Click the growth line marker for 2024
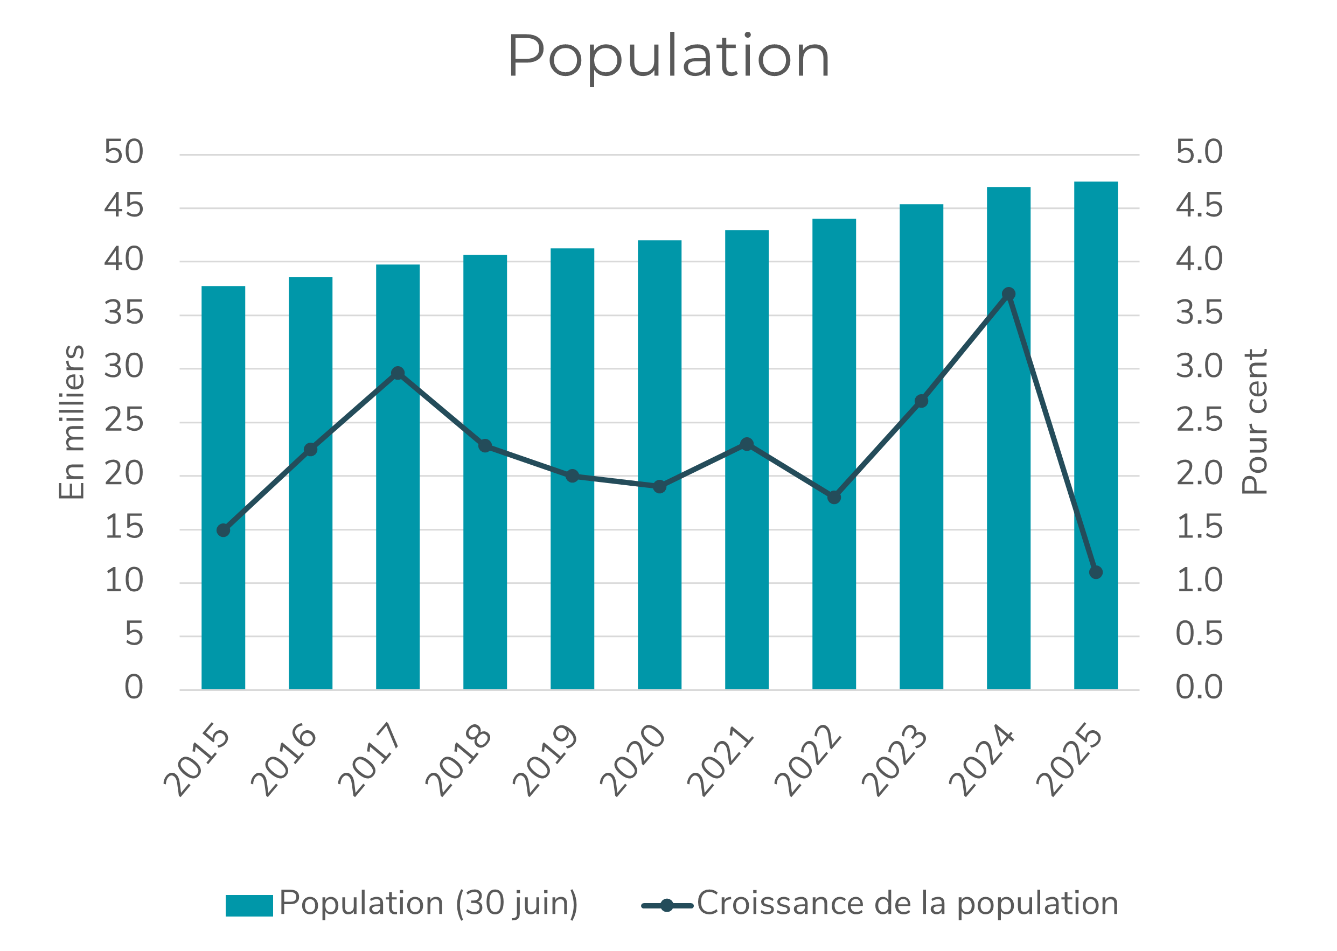[x=1008, y=294]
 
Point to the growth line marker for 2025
[x=1096, y=572]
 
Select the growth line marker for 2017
[x=398, y=373]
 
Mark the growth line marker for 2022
[x=834, y=497]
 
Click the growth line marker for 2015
[x=223, y=530]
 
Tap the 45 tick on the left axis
[x=123, y=206]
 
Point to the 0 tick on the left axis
[x=134, y=688]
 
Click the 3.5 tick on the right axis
[x=1199, y=313]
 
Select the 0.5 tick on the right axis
[x=1199, y=634]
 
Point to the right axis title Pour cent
[x=1255, y=422]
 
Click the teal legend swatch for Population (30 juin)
[x=249, y=905]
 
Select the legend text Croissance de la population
[x=907, y=903]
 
